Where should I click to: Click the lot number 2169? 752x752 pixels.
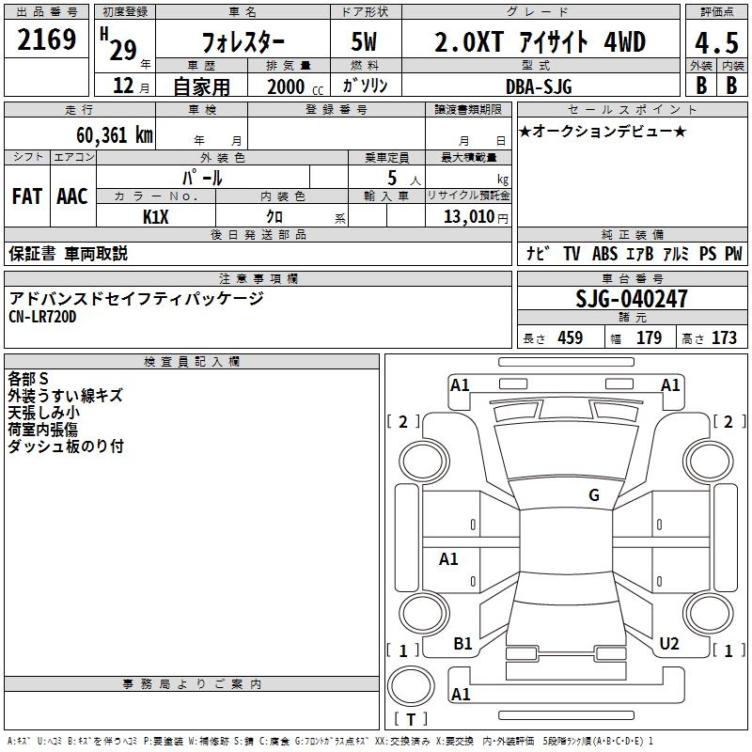(x=46, y=39)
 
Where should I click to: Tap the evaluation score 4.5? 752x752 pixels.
(x=716, y=42)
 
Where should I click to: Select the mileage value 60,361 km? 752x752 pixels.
(x=115, y=135)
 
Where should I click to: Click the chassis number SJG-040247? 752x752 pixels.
(x=631, y=299)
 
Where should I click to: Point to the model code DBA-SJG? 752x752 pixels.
(x=539, y=86)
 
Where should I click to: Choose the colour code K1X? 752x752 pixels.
(x=156, y=217)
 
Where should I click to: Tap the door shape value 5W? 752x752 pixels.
(x=364, y=41)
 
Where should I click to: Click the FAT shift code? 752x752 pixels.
(x=27, y=196)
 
